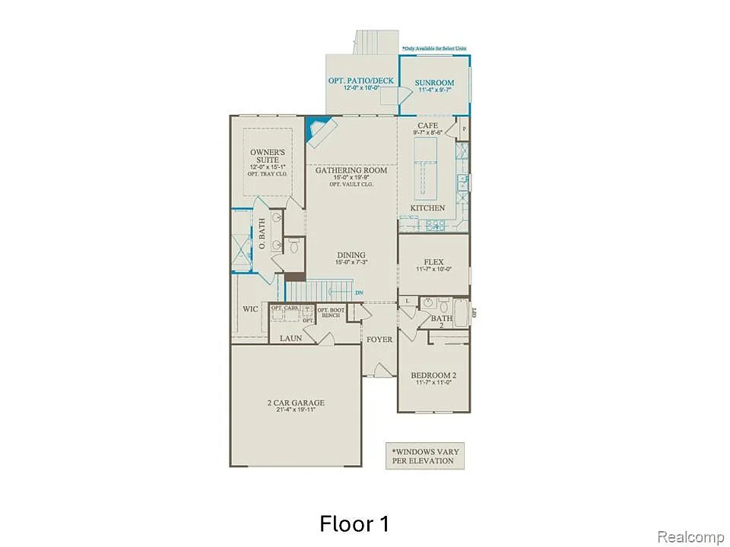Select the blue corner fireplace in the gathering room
[x=313, y=131]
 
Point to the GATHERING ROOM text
[x=351, y=170]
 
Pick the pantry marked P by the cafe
[x=464, y=130]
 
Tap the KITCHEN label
[x=427, y=208]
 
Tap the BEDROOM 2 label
[x=433, y=375]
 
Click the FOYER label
[x=378, y=339]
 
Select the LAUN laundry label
[x=290, y=338]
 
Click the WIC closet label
[x=250, y=309]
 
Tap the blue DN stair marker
[x=359, y=292]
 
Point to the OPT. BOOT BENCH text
[x=329, y=312]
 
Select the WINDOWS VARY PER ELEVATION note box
[x=422, y=456]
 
